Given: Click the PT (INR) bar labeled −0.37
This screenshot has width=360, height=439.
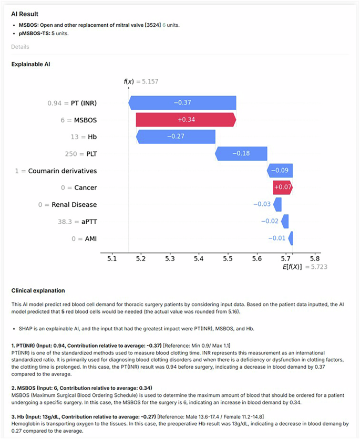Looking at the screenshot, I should coord(182,103).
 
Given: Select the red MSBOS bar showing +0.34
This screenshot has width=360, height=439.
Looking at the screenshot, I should coord(186,120).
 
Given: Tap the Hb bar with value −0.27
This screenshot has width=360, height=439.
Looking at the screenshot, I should coord(176,137).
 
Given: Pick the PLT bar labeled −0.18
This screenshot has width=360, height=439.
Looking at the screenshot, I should coord(242,153).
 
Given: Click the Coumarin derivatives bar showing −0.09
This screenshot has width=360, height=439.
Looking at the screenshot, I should coord(280,171).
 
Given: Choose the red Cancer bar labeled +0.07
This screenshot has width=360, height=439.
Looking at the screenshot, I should coord(282,187).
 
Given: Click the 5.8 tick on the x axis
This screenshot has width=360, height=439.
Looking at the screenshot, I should coord(314,258).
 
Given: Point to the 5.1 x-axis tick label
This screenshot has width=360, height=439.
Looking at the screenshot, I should coord(111,258).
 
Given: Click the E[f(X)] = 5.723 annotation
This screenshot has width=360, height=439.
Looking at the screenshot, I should coord(305,267).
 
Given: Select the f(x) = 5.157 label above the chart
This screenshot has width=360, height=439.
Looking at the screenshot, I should coord(141,81).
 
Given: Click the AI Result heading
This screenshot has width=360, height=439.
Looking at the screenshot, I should coord(25,14).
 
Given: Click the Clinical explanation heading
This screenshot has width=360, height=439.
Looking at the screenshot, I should coord(38,290).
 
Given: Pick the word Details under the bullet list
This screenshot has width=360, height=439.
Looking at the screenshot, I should coord(20,47).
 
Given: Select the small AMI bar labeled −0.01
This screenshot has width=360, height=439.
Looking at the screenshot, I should coord(291,238).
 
